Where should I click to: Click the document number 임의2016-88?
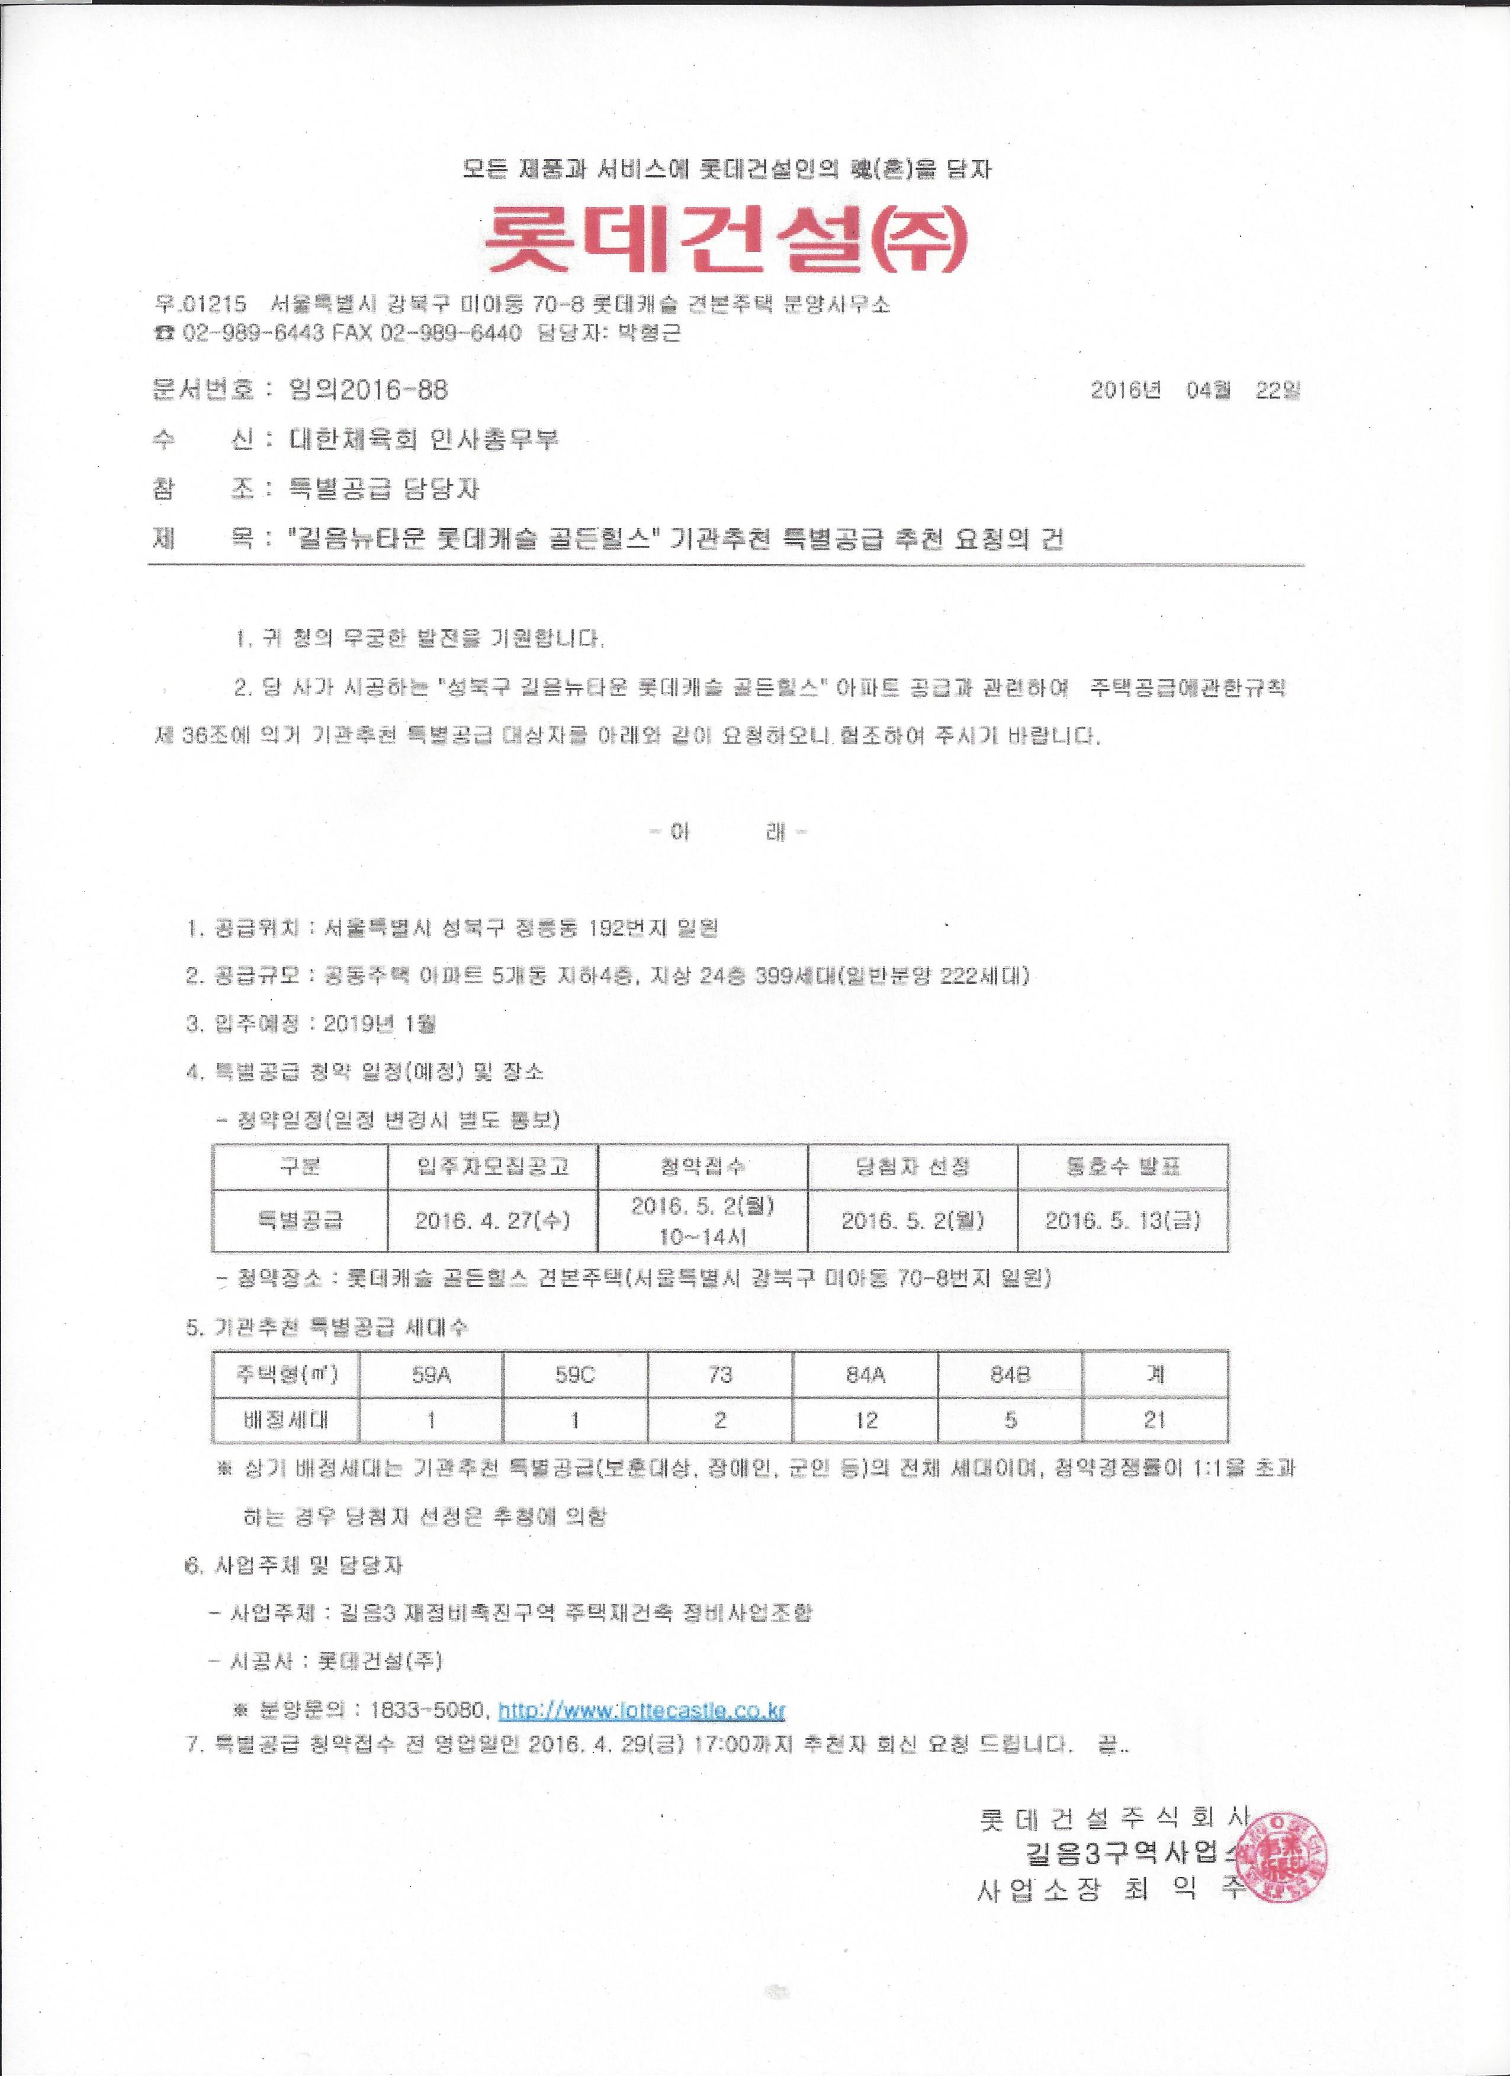368,390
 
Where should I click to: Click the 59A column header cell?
430,1374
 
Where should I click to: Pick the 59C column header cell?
575,1374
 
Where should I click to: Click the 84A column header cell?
865,1374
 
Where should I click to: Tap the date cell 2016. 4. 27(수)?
493,1220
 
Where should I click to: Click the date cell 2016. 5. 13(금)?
1123,1220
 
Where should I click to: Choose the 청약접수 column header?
702,1166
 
